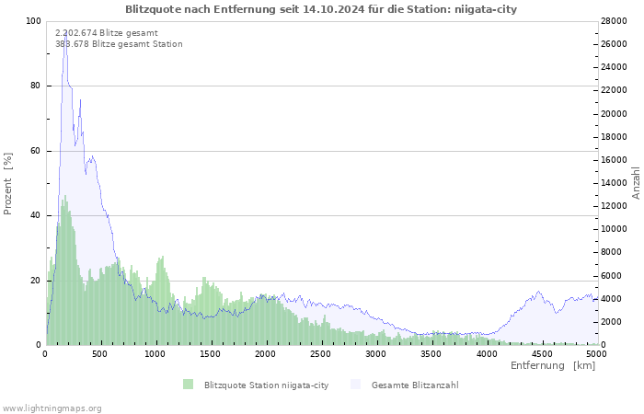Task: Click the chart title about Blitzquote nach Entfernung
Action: (x=321, y=9)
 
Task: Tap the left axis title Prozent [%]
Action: (x=8, y=183)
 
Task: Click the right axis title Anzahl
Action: (x=636, y=183)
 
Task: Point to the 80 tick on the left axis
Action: (x=35, y=86)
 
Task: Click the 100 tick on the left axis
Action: (x=32, y=21)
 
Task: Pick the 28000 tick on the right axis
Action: (x=615, y=21)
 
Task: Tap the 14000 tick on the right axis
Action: (x=615, y=183)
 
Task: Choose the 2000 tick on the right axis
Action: (x=612, y=322)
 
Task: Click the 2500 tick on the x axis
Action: (x=321, y=353)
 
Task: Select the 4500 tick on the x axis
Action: (x=541, y=353)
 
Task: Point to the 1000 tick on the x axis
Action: (x=155, y=353)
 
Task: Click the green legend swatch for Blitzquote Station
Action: (x=188, y=385)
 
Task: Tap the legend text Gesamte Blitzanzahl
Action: (x=415, y=385)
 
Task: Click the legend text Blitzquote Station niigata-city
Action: (x=266, y=385)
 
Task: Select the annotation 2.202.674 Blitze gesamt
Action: (x=106, y=33)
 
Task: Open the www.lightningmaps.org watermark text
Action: (x=52, y=408)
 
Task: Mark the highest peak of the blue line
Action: (x=64, y=32)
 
